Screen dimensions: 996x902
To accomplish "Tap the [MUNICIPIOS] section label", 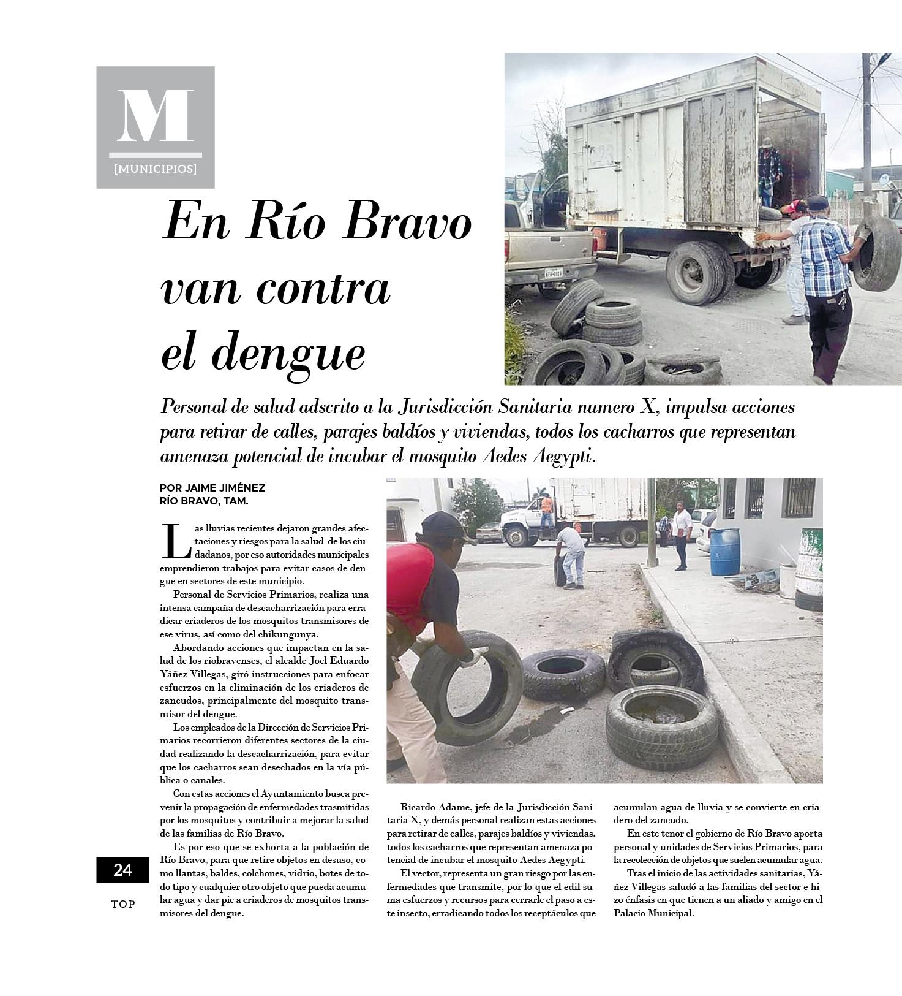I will [x=156, y=169].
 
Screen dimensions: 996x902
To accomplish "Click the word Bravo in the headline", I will [x=407, y=222].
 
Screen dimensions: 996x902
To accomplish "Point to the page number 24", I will [x=122, y=870].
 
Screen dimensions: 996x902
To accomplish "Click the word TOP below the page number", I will [x=123, y=904].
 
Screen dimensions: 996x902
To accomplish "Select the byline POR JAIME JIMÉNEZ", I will [x=212, y=488].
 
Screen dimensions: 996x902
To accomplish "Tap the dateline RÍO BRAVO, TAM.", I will [x=204, y=501].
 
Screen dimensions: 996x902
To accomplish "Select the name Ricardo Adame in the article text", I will [x=429, y=807].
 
